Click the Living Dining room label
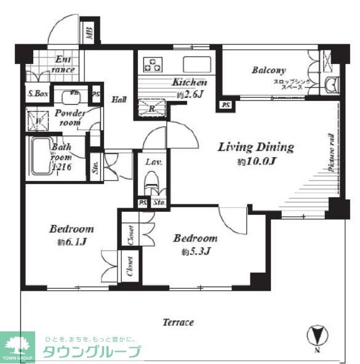[256, 148]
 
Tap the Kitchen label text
[190, 82]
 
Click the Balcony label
[268, 71]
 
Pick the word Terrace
[178, 322]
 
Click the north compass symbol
[315, 336]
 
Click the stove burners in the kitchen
[152, 63]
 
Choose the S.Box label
[37, 95]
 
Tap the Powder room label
[69, 118]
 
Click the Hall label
[119, 99]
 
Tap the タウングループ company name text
[91, 352]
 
